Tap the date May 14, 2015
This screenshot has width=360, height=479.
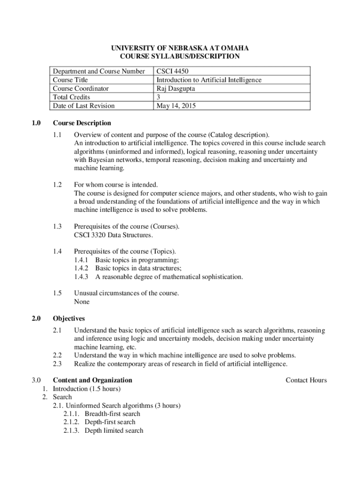[176, 106]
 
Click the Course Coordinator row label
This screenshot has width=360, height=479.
[81, 88]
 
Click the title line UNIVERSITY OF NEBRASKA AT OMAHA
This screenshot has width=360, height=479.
[180, 48]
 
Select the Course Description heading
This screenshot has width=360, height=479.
[82, 123]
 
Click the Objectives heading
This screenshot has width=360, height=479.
[69, 319]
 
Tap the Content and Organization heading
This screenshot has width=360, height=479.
[93, 380]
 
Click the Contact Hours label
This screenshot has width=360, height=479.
[306, 380]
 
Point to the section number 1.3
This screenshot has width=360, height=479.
[58, 226]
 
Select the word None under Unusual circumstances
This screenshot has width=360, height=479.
[82, 302]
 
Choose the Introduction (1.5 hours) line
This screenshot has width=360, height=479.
[87, 389]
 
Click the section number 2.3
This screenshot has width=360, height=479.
[58, 363]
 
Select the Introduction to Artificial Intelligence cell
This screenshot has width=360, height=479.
[209, 80]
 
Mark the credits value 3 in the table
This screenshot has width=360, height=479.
[158, 97]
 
